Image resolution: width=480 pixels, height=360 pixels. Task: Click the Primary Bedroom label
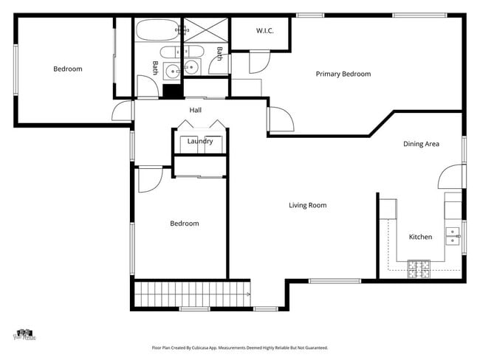[343, 74]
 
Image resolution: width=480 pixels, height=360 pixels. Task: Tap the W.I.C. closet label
[265, 31]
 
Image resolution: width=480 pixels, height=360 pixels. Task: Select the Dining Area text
[421, 144]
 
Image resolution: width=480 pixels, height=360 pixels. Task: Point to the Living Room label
[307, 205]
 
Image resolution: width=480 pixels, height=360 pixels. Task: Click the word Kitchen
[420, 237]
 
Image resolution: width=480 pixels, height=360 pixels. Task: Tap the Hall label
[195, 110]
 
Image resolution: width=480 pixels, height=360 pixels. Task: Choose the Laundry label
[200, 141]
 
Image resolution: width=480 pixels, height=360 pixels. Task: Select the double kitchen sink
[452, 236]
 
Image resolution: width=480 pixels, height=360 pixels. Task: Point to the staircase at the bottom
[192, 294]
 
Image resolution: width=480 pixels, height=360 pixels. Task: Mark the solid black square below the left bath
[172, 91]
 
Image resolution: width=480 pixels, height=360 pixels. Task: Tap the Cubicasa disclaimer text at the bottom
[239, 347]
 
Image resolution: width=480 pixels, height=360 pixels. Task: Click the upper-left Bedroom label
[67, 69]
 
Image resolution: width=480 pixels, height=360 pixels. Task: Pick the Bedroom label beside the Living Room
[184, 224]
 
